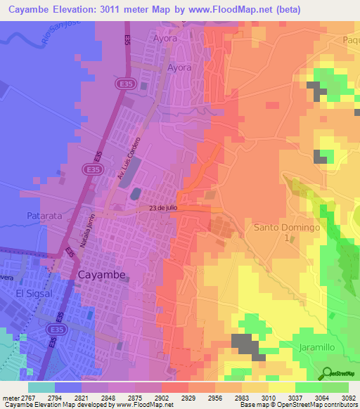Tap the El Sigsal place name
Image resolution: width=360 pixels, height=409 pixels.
coord(30,293)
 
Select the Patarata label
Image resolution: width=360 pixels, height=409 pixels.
coord(45,216)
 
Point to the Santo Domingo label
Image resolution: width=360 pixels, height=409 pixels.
coord(287,228)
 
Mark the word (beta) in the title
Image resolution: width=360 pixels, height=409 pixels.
coord(330,10)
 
